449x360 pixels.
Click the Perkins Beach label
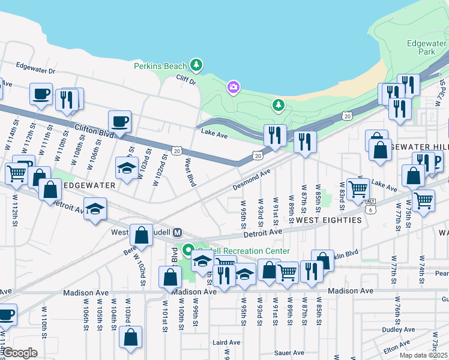(x=160, y=66)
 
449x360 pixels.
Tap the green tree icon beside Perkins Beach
(x=195, y=64)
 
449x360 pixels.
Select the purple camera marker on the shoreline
(x=233, y=88)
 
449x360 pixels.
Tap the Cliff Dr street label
(x=186, y=79)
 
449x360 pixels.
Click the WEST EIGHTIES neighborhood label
(x=329, y=220)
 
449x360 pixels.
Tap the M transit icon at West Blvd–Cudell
(x=177, y=232)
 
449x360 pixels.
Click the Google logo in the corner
(x=20, y=353)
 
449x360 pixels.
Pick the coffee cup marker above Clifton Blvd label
(x=119, y=122)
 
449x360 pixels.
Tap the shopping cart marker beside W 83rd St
(x=358, y=189)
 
